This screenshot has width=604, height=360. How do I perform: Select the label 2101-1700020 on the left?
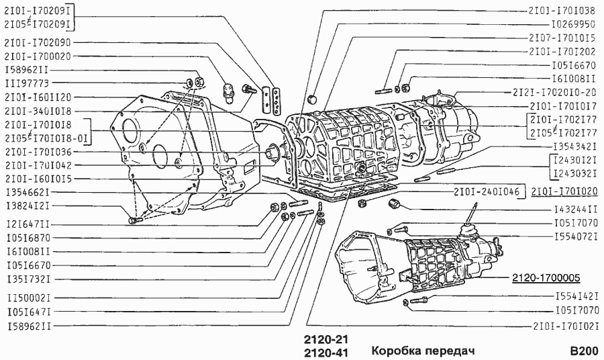(38, 56)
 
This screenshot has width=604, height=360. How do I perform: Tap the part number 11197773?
(26, 83)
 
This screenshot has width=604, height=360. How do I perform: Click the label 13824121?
(26, 206)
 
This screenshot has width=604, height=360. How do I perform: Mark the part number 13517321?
(26, 279)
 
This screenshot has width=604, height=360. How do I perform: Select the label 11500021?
(26, 297)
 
